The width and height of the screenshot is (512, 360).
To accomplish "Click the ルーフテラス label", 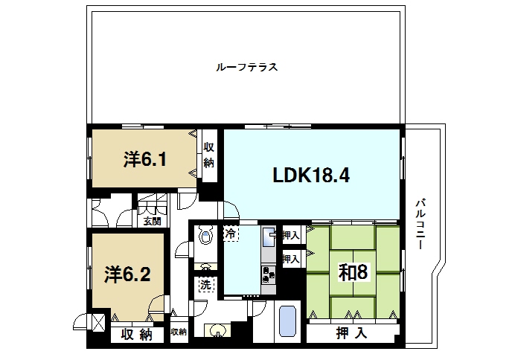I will click(x=246, y=67).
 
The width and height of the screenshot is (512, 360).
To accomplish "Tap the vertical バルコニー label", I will click(x=420, y=223).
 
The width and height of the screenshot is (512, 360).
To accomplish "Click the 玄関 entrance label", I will click(x=152, y=221).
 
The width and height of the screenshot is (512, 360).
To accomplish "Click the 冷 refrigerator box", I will click(x=231, y=234).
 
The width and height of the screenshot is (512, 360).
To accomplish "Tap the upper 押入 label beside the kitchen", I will click(x=291, y=235).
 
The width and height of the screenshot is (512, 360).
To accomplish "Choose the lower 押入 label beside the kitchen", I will click(x=291, y=260).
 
